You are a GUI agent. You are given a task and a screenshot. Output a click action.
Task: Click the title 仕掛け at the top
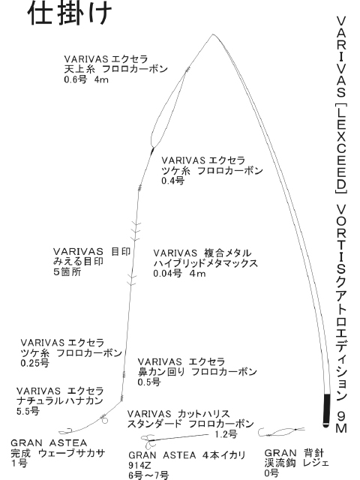click(x=70, y=13)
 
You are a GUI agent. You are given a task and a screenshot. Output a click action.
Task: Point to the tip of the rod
click(x=213, y=34)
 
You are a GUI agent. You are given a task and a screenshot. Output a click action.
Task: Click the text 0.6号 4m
click(x=86, y=79)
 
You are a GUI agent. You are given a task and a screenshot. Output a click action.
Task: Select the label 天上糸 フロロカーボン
click(x=116, y=69)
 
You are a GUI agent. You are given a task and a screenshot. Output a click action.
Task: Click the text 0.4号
click(x=173, y=181)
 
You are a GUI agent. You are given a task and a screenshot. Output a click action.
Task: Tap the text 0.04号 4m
click(x=180, y=273)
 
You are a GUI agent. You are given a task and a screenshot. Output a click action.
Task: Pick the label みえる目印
click(x=79, y=262)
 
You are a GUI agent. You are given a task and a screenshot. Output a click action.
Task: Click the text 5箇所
click(x=67, y=271)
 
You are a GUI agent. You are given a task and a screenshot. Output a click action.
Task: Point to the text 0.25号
click(x=35, y=363)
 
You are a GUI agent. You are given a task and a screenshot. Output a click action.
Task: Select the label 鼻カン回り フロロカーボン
click(x=197, y=372)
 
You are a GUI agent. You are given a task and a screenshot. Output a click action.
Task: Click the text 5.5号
click(x=28, y=411)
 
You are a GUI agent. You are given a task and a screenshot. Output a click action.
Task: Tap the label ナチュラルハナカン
click(x=60, y=401)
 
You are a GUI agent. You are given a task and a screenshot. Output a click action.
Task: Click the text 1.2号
click(x=226, y=434)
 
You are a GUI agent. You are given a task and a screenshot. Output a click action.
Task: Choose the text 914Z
click(x=140, y=465)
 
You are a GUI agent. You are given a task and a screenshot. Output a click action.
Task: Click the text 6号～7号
click(x=148, y=475)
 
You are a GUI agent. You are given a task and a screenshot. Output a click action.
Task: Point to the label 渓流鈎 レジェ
click(x=297, y=463)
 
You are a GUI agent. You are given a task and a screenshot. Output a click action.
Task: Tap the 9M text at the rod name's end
click(x=341, y=421)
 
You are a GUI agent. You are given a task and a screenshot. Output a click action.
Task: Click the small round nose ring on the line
click(x=105, y=421)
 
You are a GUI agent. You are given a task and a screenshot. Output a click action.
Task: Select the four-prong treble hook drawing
click(x=148, y=441)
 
